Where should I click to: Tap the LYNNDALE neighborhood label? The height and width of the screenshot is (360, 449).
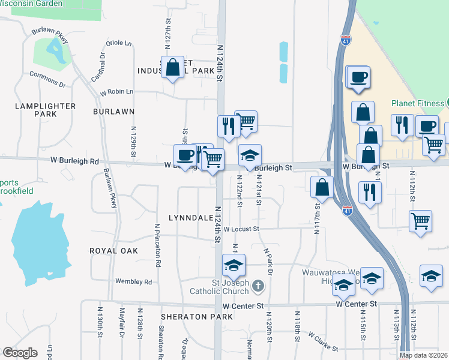[x=190, y=217]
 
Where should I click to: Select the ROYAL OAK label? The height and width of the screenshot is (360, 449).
[x=113, y=251]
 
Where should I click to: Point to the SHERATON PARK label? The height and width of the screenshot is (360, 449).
[x=187, y=316]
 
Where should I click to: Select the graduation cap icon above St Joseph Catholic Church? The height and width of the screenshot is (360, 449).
[x=234, y=265]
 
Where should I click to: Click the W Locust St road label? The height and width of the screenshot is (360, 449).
[x=241, y=229]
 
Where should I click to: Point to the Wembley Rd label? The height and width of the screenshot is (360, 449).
[x=134, y=281]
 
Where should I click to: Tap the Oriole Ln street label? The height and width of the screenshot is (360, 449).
[x=119, y=43]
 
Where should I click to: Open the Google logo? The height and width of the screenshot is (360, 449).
[x=20, y=353]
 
